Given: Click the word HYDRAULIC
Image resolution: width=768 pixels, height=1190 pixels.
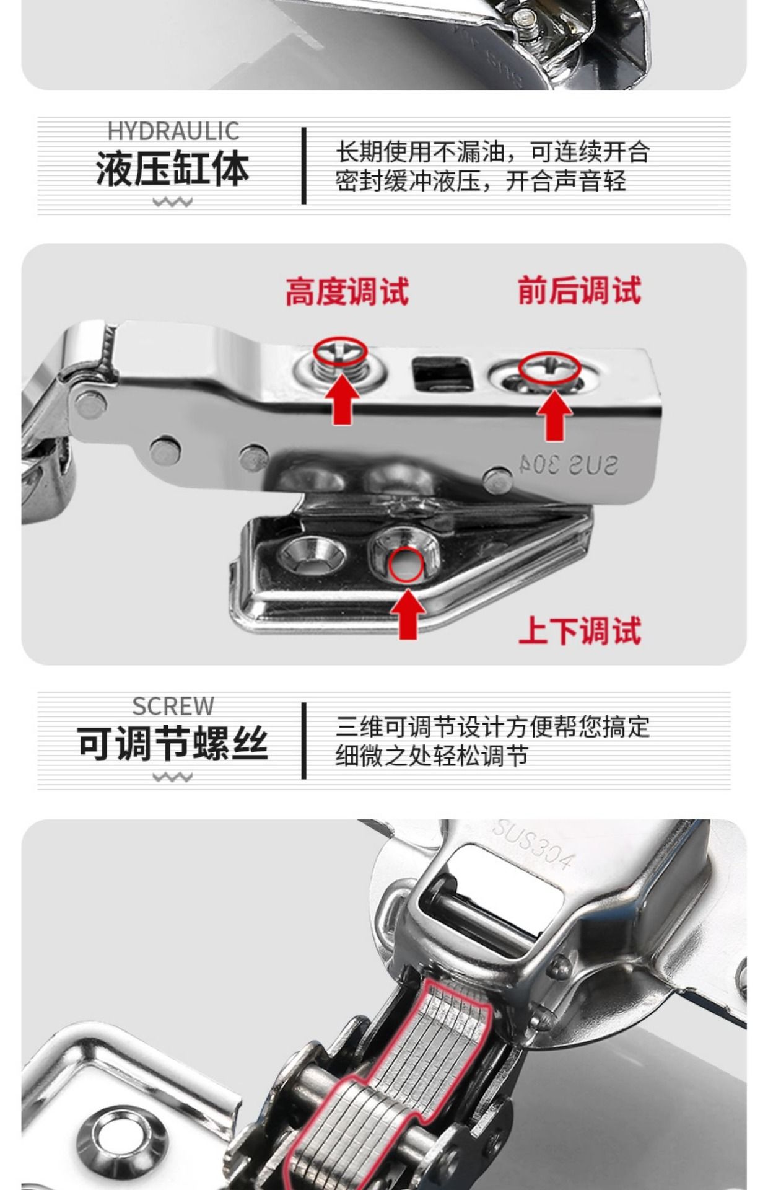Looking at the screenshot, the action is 173,131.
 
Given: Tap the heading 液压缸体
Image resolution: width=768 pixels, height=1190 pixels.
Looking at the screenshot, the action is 173,168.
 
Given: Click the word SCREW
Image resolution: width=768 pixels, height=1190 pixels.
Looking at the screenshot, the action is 173,706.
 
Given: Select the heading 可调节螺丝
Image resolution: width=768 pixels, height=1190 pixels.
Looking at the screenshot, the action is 173,743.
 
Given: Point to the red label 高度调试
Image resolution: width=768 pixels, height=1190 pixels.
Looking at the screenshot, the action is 347,291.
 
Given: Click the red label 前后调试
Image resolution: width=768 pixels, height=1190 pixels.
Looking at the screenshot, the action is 579,290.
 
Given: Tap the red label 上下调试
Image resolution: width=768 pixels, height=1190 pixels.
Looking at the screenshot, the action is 579,630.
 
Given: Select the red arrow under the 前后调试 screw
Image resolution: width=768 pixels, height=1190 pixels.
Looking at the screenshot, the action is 554,416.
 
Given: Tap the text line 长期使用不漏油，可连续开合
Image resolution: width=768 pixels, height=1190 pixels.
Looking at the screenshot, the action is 493,152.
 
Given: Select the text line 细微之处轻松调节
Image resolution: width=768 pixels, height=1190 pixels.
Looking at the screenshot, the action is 432,756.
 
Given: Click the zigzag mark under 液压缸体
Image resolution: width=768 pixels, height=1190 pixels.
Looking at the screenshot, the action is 173,202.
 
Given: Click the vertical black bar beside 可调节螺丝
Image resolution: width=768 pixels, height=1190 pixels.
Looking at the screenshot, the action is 303,741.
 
